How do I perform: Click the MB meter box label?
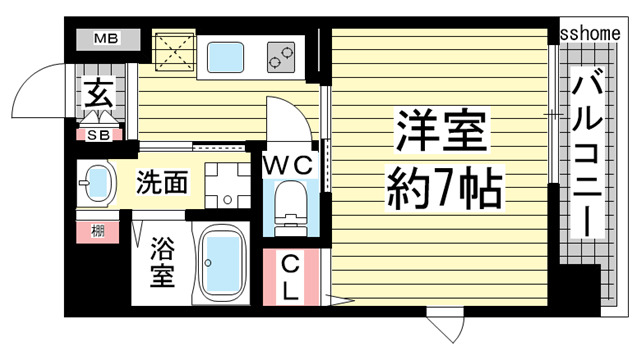(x=105, y=39)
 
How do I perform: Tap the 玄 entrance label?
(x=98, y=97)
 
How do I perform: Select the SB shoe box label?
(x=98, y=134)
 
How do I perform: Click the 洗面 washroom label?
(x=163, y=182)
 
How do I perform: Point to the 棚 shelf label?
(x=98, y=233)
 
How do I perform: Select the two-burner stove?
(x=282, y=58)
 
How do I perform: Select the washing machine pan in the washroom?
(x=226, y=183)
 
